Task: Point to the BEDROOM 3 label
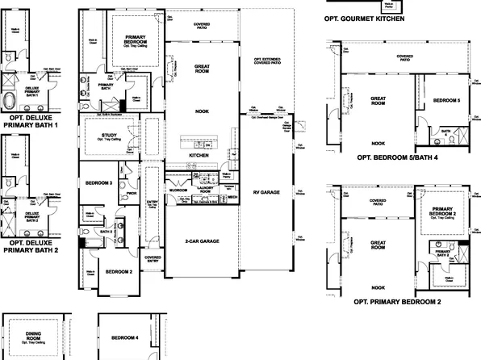point(98,184)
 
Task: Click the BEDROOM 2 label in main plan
point(119,272)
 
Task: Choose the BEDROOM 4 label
point(125,337)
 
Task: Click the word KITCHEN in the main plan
point(199,155)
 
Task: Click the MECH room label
point(232,196)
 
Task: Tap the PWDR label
point(131,193)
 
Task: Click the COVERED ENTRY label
point(153,260)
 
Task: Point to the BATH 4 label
point(445,131)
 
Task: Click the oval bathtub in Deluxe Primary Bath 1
point(10,101)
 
